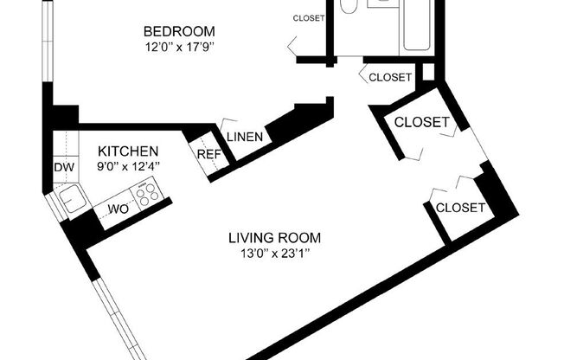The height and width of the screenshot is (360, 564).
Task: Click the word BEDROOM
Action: click(x=178, y=32)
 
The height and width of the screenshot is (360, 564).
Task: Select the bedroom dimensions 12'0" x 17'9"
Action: click(x=178, y=47)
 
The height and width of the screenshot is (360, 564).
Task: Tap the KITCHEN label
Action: click(x=127, y=150)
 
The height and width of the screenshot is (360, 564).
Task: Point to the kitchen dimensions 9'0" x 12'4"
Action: click(x=127, y=164)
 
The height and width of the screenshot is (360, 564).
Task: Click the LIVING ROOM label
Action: click(x=274, y=237)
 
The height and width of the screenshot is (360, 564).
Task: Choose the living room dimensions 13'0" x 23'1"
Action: click(x=274, y=253)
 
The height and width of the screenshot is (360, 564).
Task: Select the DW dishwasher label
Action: click(x=63, y=167)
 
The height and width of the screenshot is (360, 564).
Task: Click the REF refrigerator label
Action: click(x=208, y=154)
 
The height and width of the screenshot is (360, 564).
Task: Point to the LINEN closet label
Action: click(x=244, y=137)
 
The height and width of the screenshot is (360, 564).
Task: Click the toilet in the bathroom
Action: click(x=349, y=6)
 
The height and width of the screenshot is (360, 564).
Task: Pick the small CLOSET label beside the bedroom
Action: click(x=308, y=18)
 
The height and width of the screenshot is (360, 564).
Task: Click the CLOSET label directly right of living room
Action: click(x=460, y=208)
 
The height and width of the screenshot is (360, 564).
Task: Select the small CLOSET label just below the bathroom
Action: click(x=390, y=77)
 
